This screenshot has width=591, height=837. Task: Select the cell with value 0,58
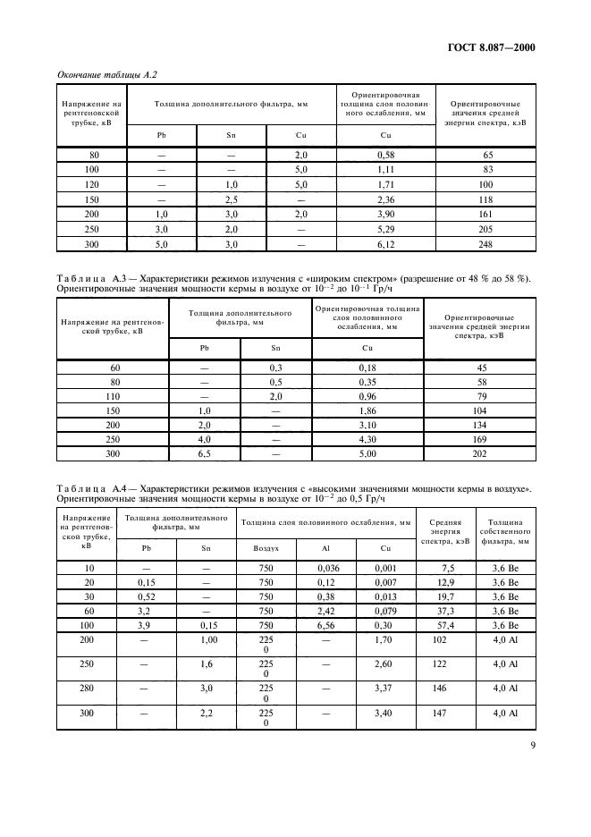(x=385, y=156)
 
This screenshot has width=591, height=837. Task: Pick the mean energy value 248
(x=485, y=243)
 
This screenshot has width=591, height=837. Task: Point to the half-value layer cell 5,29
(x=385, y=229)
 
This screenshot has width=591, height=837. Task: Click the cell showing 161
(x=485, y=215)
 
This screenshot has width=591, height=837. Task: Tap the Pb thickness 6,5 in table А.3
(x=180, y=454)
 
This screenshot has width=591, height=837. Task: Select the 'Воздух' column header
(x=265, y=547)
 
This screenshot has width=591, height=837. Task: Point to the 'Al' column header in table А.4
(x=325, y=547)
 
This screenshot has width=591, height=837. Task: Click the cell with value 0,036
(x=325, y=569)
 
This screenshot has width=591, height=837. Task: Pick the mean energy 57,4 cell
(x=445, y=626)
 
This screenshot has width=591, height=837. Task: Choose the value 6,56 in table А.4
(x=325, y=626)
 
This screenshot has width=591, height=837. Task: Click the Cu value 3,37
(x=385, y=689)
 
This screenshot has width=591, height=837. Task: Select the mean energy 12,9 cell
(x=445, y=583)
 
